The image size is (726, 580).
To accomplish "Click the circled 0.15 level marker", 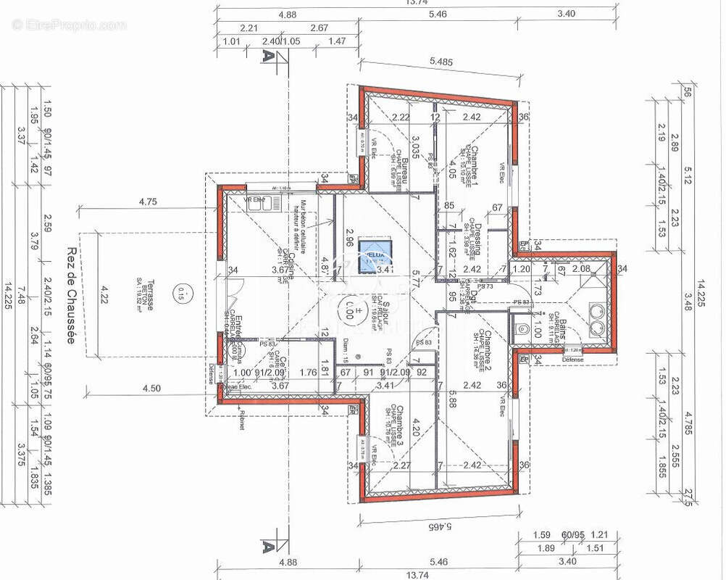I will click(x=181, y=294).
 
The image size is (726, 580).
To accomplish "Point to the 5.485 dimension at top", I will click(x=441, y=62).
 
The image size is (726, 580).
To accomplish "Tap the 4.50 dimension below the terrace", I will click(x=151, y=388).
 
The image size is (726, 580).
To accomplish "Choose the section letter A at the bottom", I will click(x=268, y=542).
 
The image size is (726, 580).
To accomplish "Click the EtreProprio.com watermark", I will click(x=69, y=25).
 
